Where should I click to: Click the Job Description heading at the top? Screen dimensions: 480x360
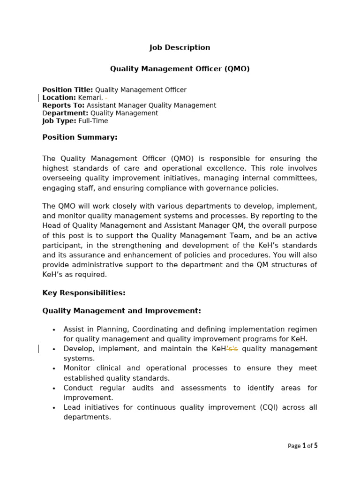click(x=180, y=47)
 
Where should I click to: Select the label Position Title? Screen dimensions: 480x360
click(x=67, y=90)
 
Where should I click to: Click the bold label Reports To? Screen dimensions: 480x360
click(x=63, y=105)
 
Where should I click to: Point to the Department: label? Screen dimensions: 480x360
click(x=65, y=113)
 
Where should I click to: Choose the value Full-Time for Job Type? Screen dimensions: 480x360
click(x=93, y=121)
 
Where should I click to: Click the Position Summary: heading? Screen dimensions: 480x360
click(x=80, y=137)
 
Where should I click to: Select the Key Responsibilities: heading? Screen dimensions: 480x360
click(x=84, y=293)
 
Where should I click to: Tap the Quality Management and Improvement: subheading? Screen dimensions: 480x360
click(x=121, y=311)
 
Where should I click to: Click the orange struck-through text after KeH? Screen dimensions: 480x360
click(x=232, y=349)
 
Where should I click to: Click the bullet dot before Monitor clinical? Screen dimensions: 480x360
click(x=54, y=369)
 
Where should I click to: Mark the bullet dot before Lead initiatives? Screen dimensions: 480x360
click(x=54, y=408)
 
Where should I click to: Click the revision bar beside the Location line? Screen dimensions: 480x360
click(x=38, y=97)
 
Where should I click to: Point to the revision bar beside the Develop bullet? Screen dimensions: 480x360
click(x=38, y=349)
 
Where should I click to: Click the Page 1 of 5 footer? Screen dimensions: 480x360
click(x=302, y=446)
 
